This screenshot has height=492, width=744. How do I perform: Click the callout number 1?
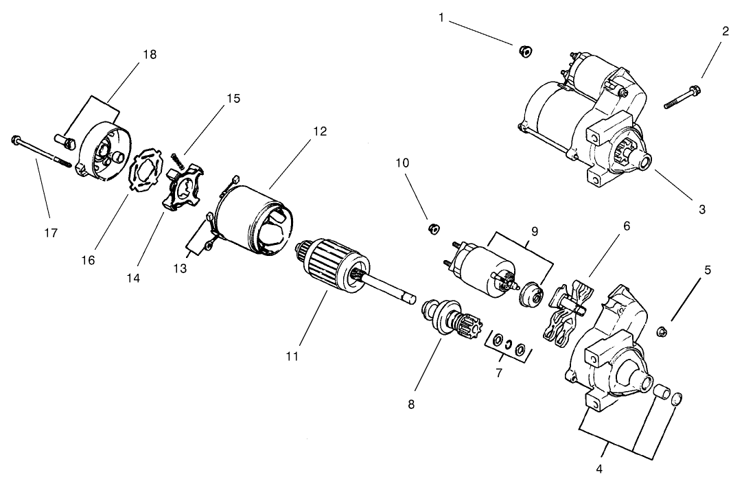pos(442,17)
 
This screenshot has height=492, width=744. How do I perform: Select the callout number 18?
pos(150,55)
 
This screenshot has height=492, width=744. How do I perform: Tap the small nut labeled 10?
pos(433,228)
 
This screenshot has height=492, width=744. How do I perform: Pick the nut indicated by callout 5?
pos(662,332)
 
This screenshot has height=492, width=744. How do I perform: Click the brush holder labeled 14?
pos(181,189)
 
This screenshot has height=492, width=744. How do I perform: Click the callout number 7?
pos(499,373)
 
